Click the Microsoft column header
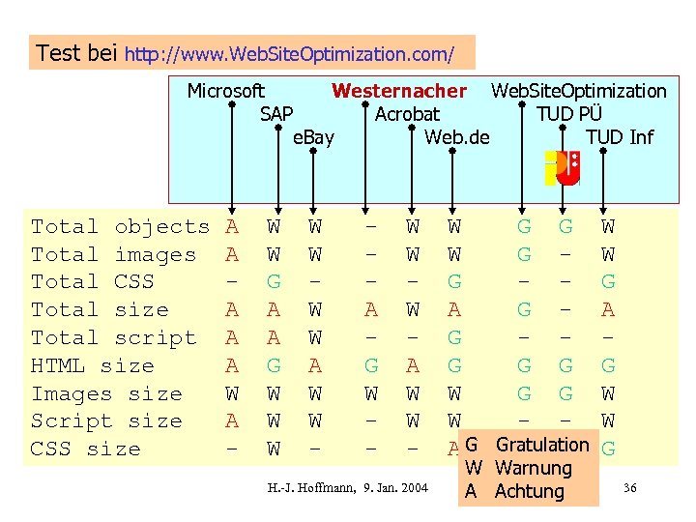[225, 91]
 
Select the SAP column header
[276, 114]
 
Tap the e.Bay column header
[313, 137]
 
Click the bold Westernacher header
[399, 91]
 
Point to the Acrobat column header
[407, 114]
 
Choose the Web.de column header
[457, 137]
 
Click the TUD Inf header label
[620, 137]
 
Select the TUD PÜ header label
[569, 114]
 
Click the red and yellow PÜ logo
[562, 168]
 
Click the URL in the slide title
[289, 52]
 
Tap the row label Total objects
[120, 227]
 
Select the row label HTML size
[92, 366]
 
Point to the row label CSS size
[85, 449]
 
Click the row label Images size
[106, 394]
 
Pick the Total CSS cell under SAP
[275, 282]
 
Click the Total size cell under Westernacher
[370, 310]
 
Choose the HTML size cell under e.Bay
[314, 366]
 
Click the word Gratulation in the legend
[542, 445]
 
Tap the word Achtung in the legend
[529, 491]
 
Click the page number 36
[630, 486]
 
